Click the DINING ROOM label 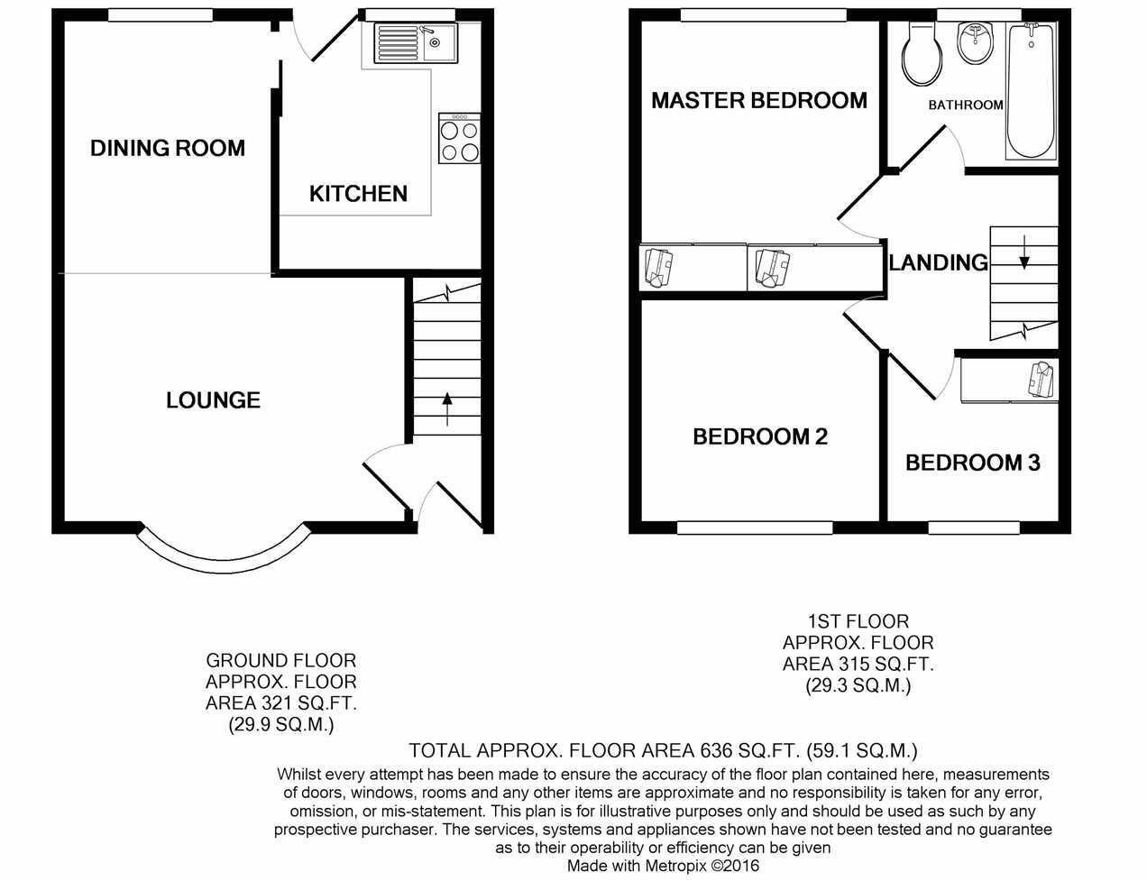(168, 148)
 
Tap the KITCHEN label (358, 194)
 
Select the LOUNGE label (213, 400)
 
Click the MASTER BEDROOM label (759, 100)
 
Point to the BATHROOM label (966, 105)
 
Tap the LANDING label (939, 262)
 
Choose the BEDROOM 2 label (760, 437)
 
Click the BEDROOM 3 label (972, 463)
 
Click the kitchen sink (418, 41)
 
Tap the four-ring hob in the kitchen (459, 141)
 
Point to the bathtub (1031, 90)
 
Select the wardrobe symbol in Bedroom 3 (1042, 380)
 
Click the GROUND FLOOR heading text (281, 661)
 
